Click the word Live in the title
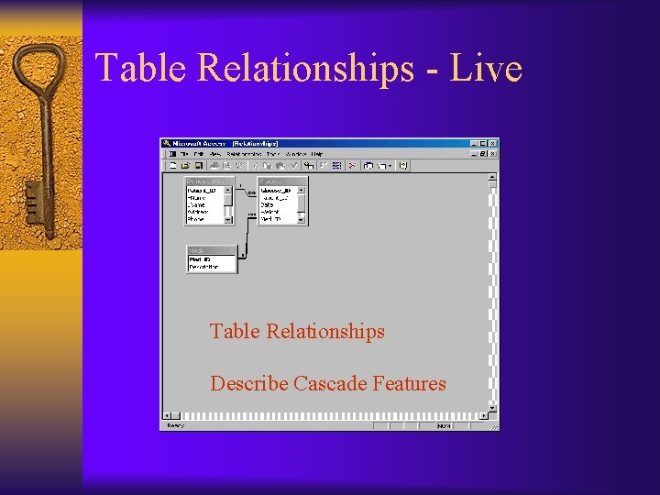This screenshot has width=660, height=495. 486,69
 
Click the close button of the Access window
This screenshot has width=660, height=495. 494,143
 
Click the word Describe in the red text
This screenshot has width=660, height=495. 248,384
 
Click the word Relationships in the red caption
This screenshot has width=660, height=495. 324,331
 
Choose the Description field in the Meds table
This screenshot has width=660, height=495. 206,268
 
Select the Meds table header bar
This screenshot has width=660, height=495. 211,250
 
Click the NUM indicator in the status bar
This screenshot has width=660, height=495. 444,425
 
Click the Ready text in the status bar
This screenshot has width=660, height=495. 175,425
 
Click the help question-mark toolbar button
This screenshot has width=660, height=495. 402,166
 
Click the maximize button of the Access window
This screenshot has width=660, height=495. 484,143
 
